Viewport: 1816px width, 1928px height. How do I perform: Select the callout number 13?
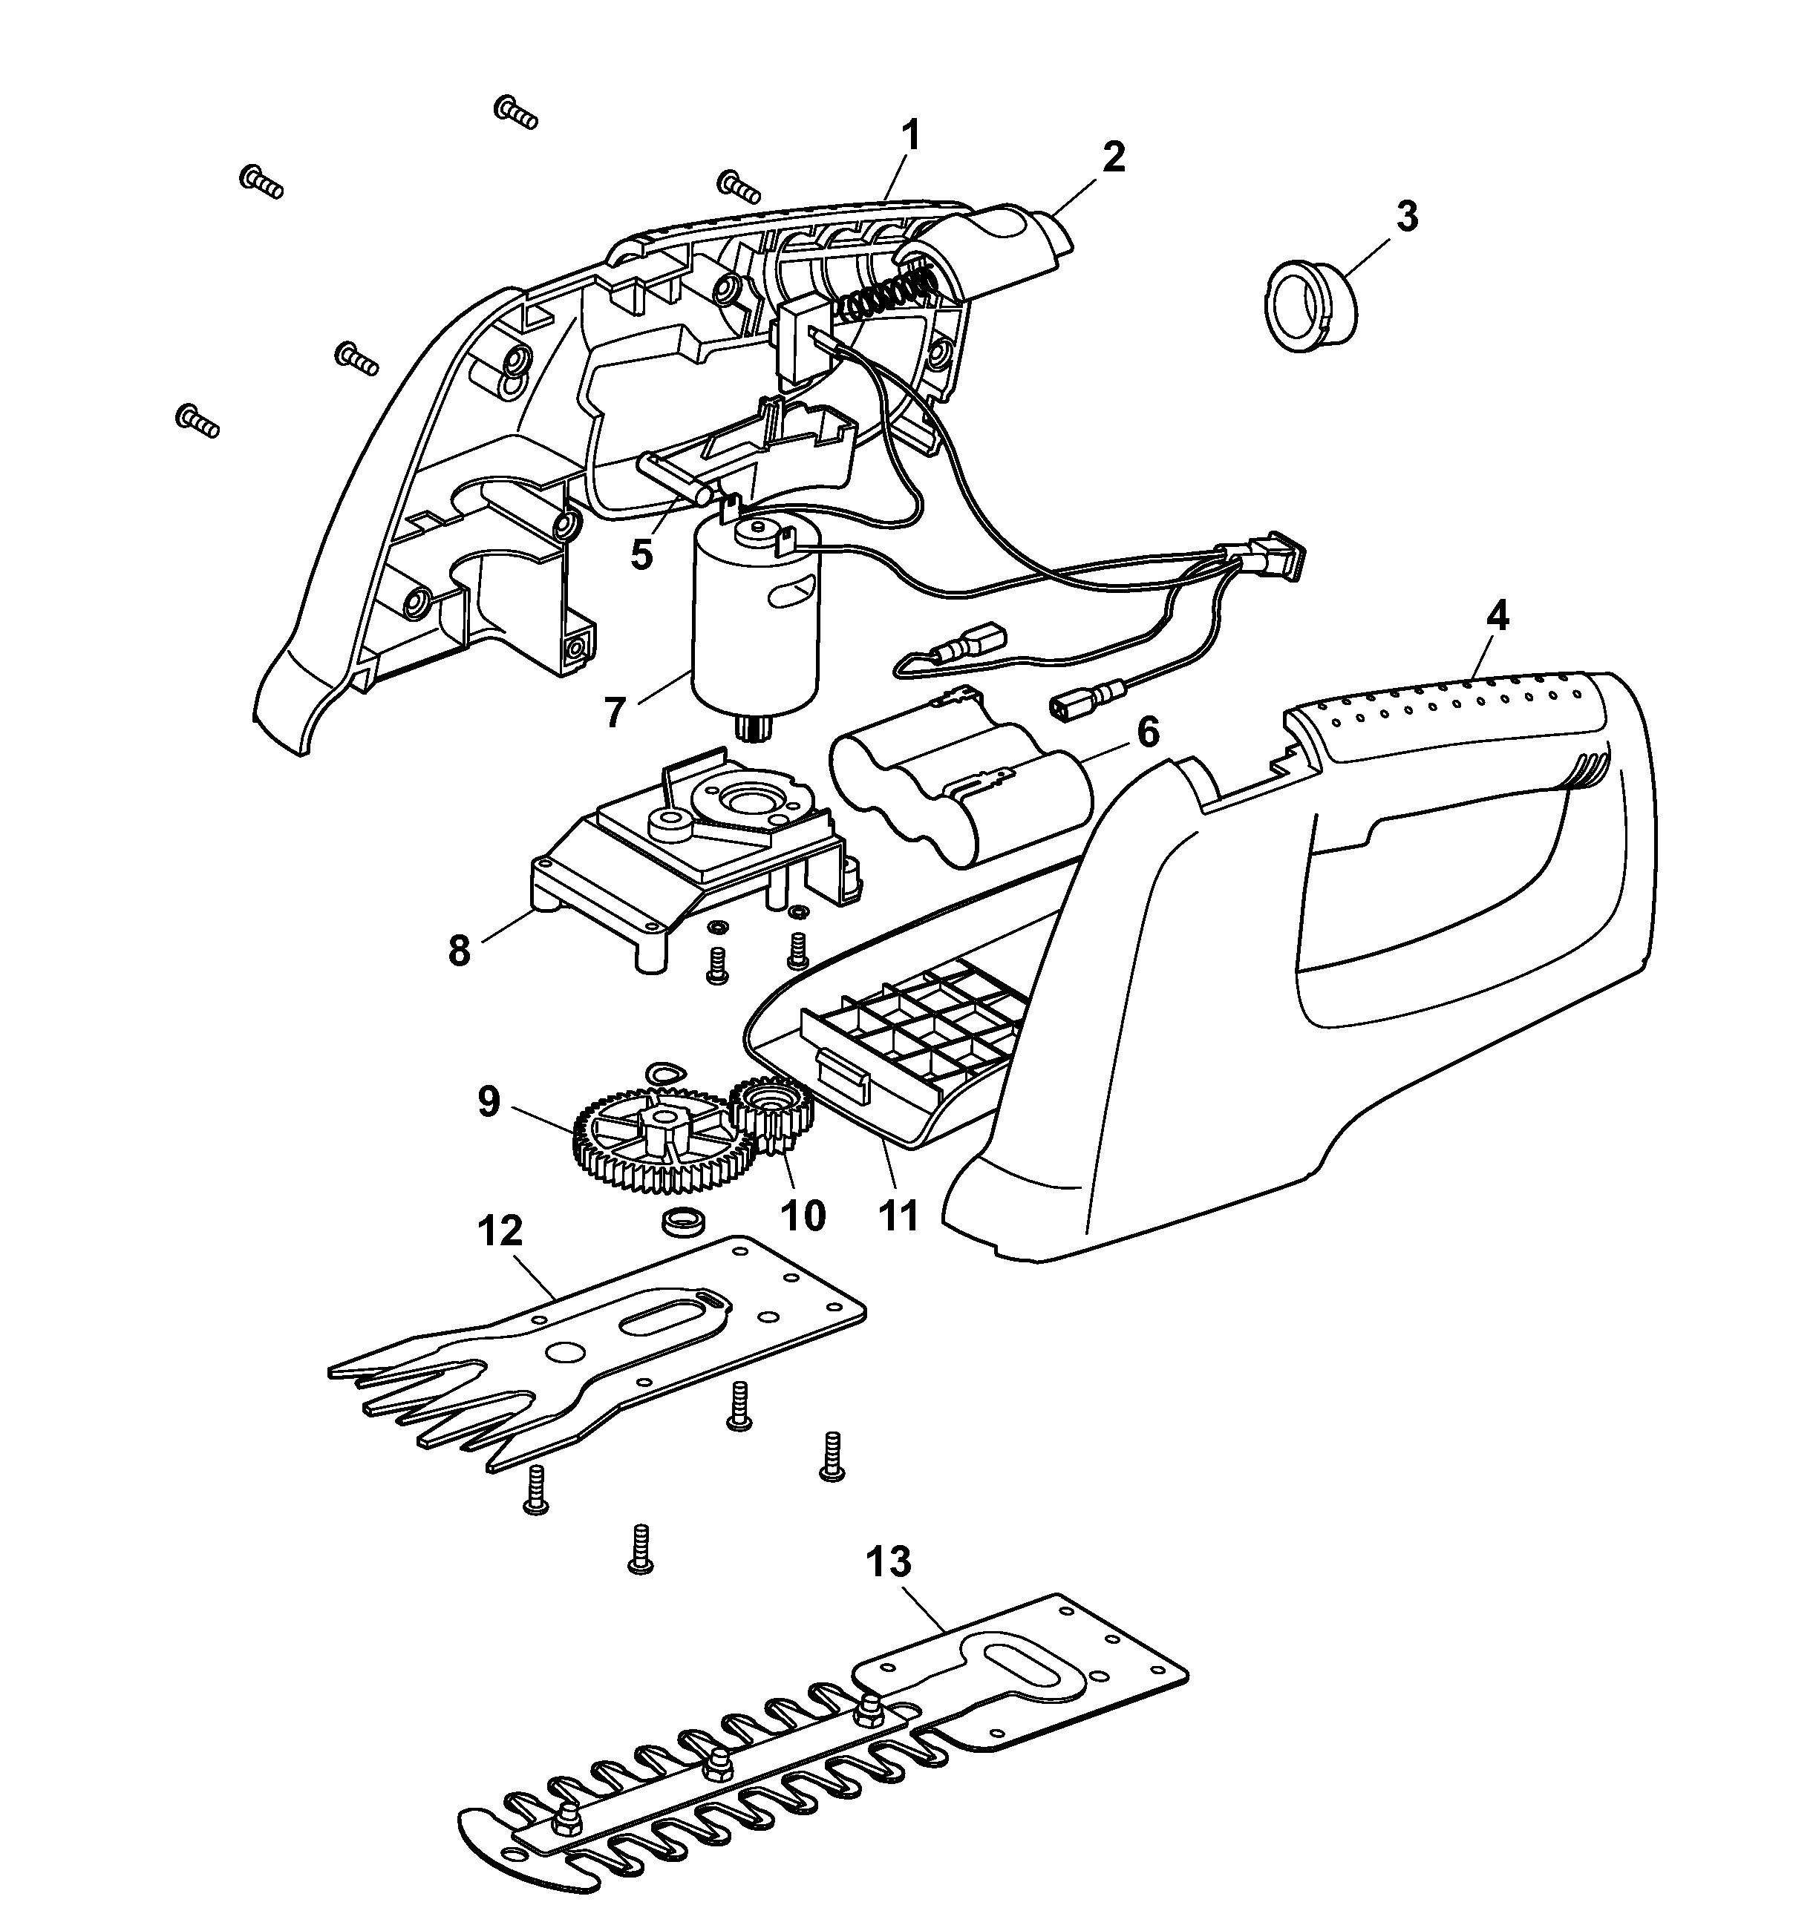coord(889,1562)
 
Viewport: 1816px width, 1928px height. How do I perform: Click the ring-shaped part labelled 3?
coord(1312,306)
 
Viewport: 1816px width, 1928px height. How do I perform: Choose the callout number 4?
coord(1497,617)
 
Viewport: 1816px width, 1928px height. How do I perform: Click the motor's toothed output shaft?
coord(752,727)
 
